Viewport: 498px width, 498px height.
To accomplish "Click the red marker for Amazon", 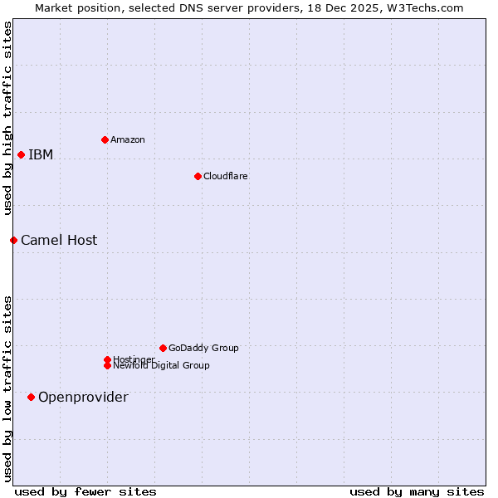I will [105, 139].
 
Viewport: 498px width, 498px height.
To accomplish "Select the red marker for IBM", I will [21, 154].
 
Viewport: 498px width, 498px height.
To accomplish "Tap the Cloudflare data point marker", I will [198, 176].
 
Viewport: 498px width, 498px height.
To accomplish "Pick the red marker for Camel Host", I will [13, 240].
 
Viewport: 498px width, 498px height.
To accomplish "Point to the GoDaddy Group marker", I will [163, 348].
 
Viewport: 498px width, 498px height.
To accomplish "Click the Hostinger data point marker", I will [107, 359].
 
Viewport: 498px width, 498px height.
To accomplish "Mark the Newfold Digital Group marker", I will [107, 365].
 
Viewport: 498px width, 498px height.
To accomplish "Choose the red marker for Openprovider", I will [31, 397].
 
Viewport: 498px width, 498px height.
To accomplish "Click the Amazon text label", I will [128, 139].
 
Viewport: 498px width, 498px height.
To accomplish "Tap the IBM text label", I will [41, 154].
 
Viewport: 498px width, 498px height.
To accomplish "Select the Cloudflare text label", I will [226, 176].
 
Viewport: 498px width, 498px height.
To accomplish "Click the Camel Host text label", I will [59, 240].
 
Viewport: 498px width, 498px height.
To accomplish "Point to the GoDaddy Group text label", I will [203, 348].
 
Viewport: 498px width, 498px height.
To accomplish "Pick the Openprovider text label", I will [83, 397].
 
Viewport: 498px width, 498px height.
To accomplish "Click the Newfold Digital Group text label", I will [162, 365].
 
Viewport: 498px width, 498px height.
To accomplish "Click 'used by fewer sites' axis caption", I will [85, 491].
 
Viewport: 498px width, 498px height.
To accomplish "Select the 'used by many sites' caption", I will [417, 491].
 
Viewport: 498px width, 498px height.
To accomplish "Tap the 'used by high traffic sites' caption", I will [7, 118].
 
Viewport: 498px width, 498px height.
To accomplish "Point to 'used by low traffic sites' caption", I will [7, 388].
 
